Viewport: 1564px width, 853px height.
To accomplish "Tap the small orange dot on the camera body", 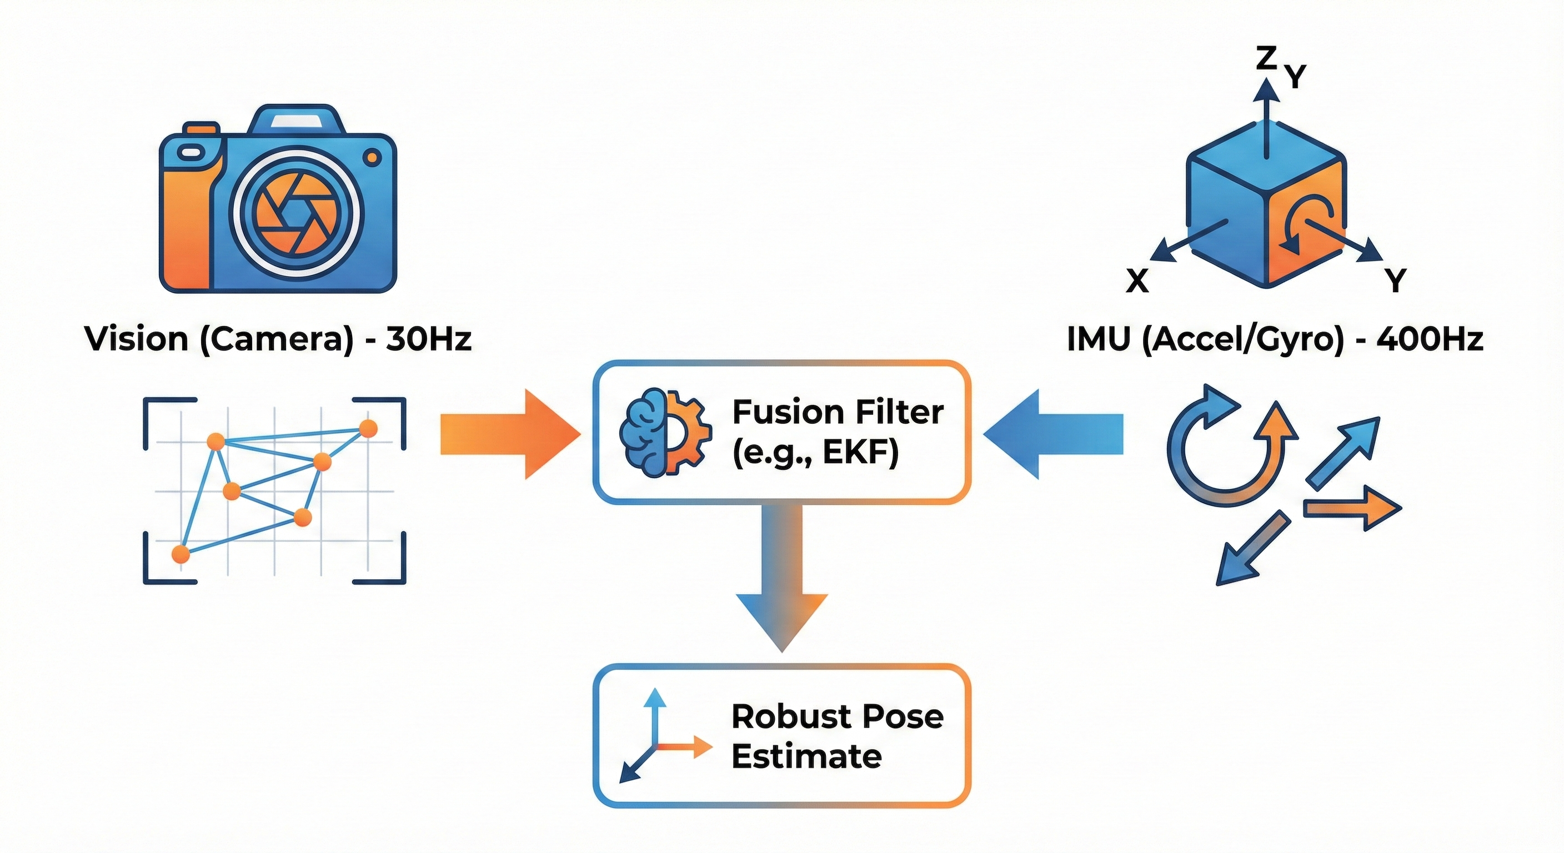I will tap(372, 158).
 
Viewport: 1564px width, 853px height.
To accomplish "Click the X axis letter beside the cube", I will tap(1137, 281).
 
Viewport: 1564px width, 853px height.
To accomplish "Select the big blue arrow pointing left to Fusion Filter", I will tap(1054, 434).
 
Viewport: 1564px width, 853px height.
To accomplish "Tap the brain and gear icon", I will tap(664, 431).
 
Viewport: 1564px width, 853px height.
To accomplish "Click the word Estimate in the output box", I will tap(806, 756).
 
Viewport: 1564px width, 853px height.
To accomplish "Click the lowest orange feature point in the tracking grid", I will tap(181, 554).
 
